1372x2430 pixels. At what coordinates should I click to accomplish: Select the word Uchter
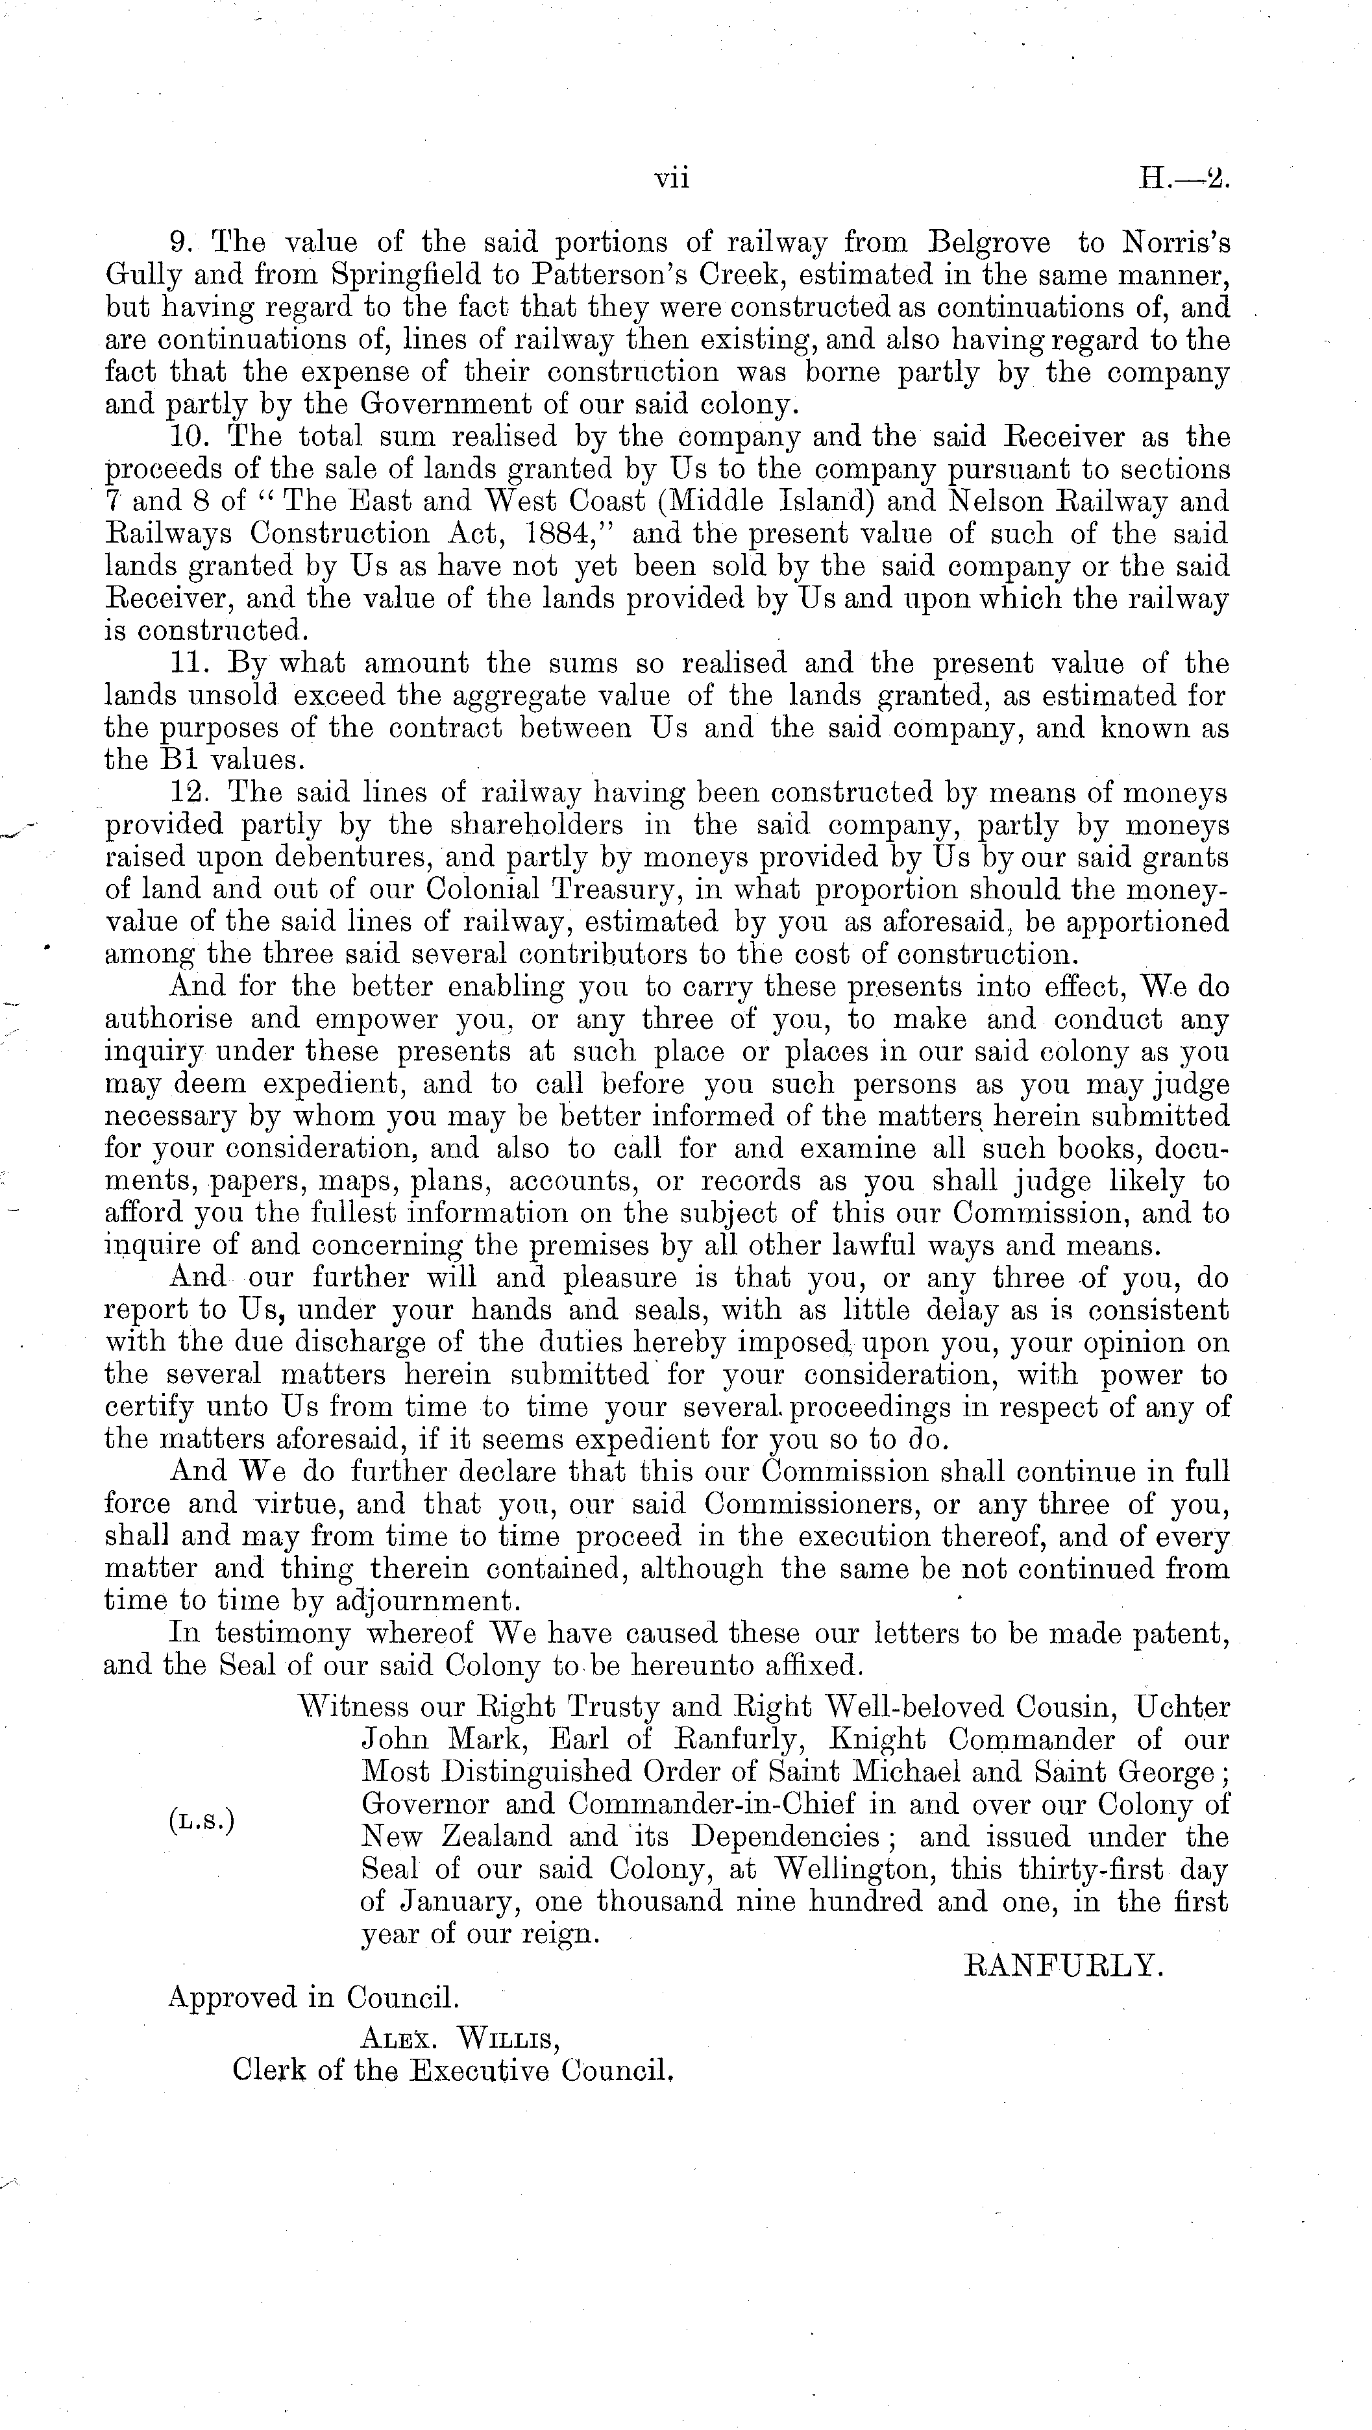[1182, 1708]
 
